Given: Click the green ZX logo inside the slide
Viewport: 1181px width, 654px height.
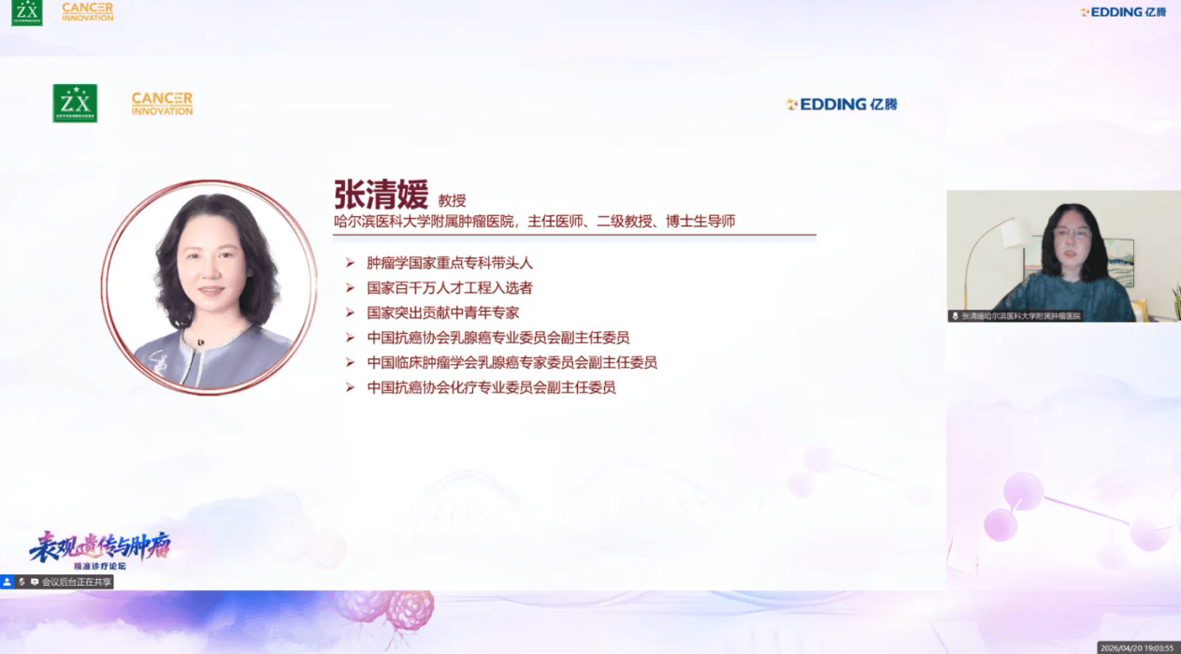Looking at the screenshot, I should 75,103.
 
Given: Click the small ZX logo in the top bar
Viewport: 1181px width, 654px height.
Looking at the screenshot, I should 27,12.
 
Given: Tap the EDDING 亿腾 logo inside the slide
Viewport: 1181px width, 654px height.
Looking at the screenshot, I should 842,104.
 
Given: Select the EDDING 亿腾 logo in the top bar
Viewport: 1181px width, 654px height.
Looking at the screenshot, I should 1123,12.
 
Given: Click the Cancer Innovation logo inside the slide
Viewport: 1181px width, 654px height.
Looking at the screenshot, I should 162,103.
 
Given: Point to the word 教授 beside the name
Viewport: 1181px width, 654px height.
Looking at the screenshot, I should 452,200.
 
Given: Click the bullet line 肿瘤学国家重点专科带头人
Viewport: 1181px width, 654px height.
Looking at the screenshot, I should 450,264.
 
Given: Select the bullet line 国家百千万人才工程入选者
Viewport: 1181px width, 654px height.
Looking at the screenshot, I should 450,288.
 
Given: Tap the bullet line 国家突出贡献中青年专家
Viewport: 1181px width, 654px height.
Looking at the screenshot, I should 443,312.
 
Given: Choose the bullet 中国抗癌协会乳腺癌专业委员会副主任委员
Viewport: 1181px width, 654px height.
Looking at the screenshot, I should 498,338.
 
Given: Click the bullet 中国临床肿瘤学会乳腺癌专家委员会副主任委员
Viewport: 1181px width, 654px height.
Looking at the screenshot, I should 511,362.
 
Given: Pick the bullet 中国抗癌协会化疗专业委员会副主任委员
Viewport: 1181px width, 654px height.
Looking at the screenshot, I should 491,386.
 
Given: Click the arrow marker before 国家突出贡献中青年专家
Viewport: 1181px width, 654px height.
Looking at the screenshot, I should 350,312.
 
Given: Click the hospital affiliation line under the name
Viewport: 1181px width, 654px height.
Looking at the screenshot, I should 535,222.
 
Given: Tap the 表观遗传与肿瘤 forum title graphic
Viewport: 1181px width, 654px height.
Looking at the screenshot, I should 100,547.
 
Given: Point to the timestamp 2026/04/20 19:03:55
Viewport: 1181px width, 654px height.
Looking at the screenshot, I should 1142,647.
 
